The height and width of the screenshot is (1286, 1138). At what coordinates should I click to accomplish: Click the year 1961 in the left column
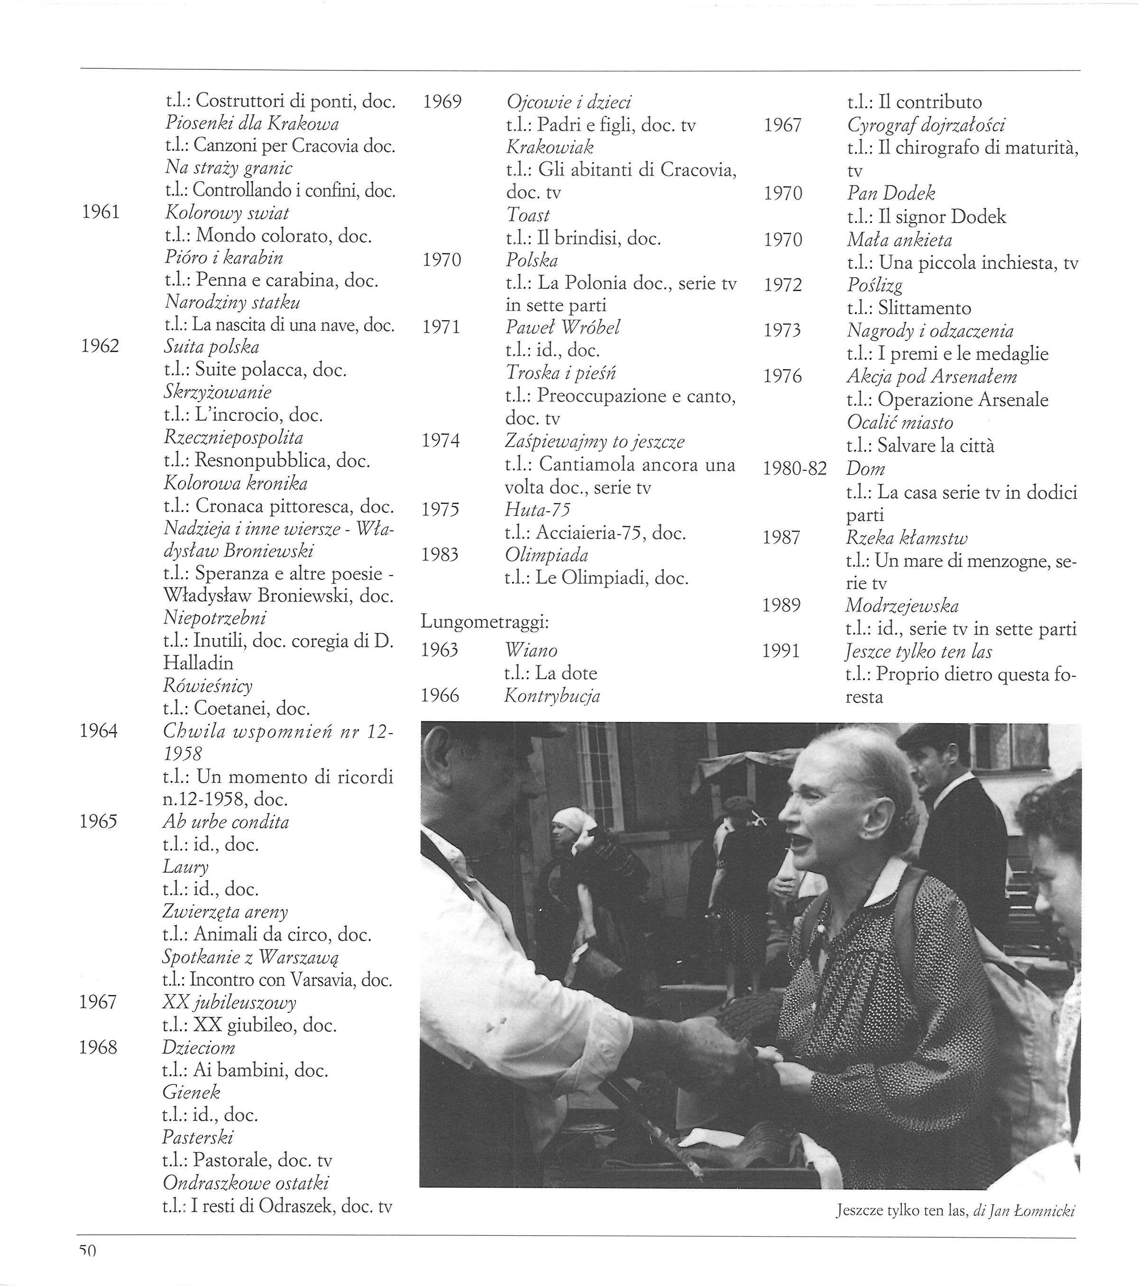(x=101, y=212)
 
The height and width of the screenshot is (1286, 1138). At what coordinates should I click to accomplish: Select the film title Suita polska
(x=211, y=347)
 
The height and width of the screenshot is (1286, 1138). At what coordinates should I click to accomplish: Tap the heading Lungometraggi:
(x=485, y=622)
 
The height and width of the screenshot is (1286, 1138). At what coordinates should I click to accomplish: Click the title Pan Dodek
(x=890, y=193)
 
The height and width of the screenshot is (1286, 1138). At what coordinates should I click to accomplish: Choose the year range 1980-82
(x=794, y=469)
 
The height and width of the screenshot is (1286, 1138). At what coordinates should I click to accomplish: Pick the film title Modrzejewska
(x=901, y=606)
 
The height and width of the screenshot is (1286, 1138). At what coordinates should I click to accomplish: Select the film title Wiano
(x=531, y=650)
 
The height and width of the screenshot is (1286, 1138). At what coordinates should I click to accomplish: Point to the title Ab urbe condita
(x=226, y=822)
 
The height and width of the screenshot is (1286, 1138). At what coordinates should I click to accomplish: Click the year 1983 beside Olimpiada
(x=440, y=554)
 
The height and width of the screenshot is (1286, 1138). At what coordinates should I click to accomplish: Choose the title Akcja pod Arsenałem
(x=931, y=376)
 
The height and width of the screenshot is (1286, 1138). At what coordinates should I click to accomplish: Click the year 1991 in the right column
(x=781, y=651)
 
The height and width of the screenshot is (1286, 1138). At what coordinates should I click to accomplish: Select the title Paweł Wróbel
(x=563, y=327)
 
